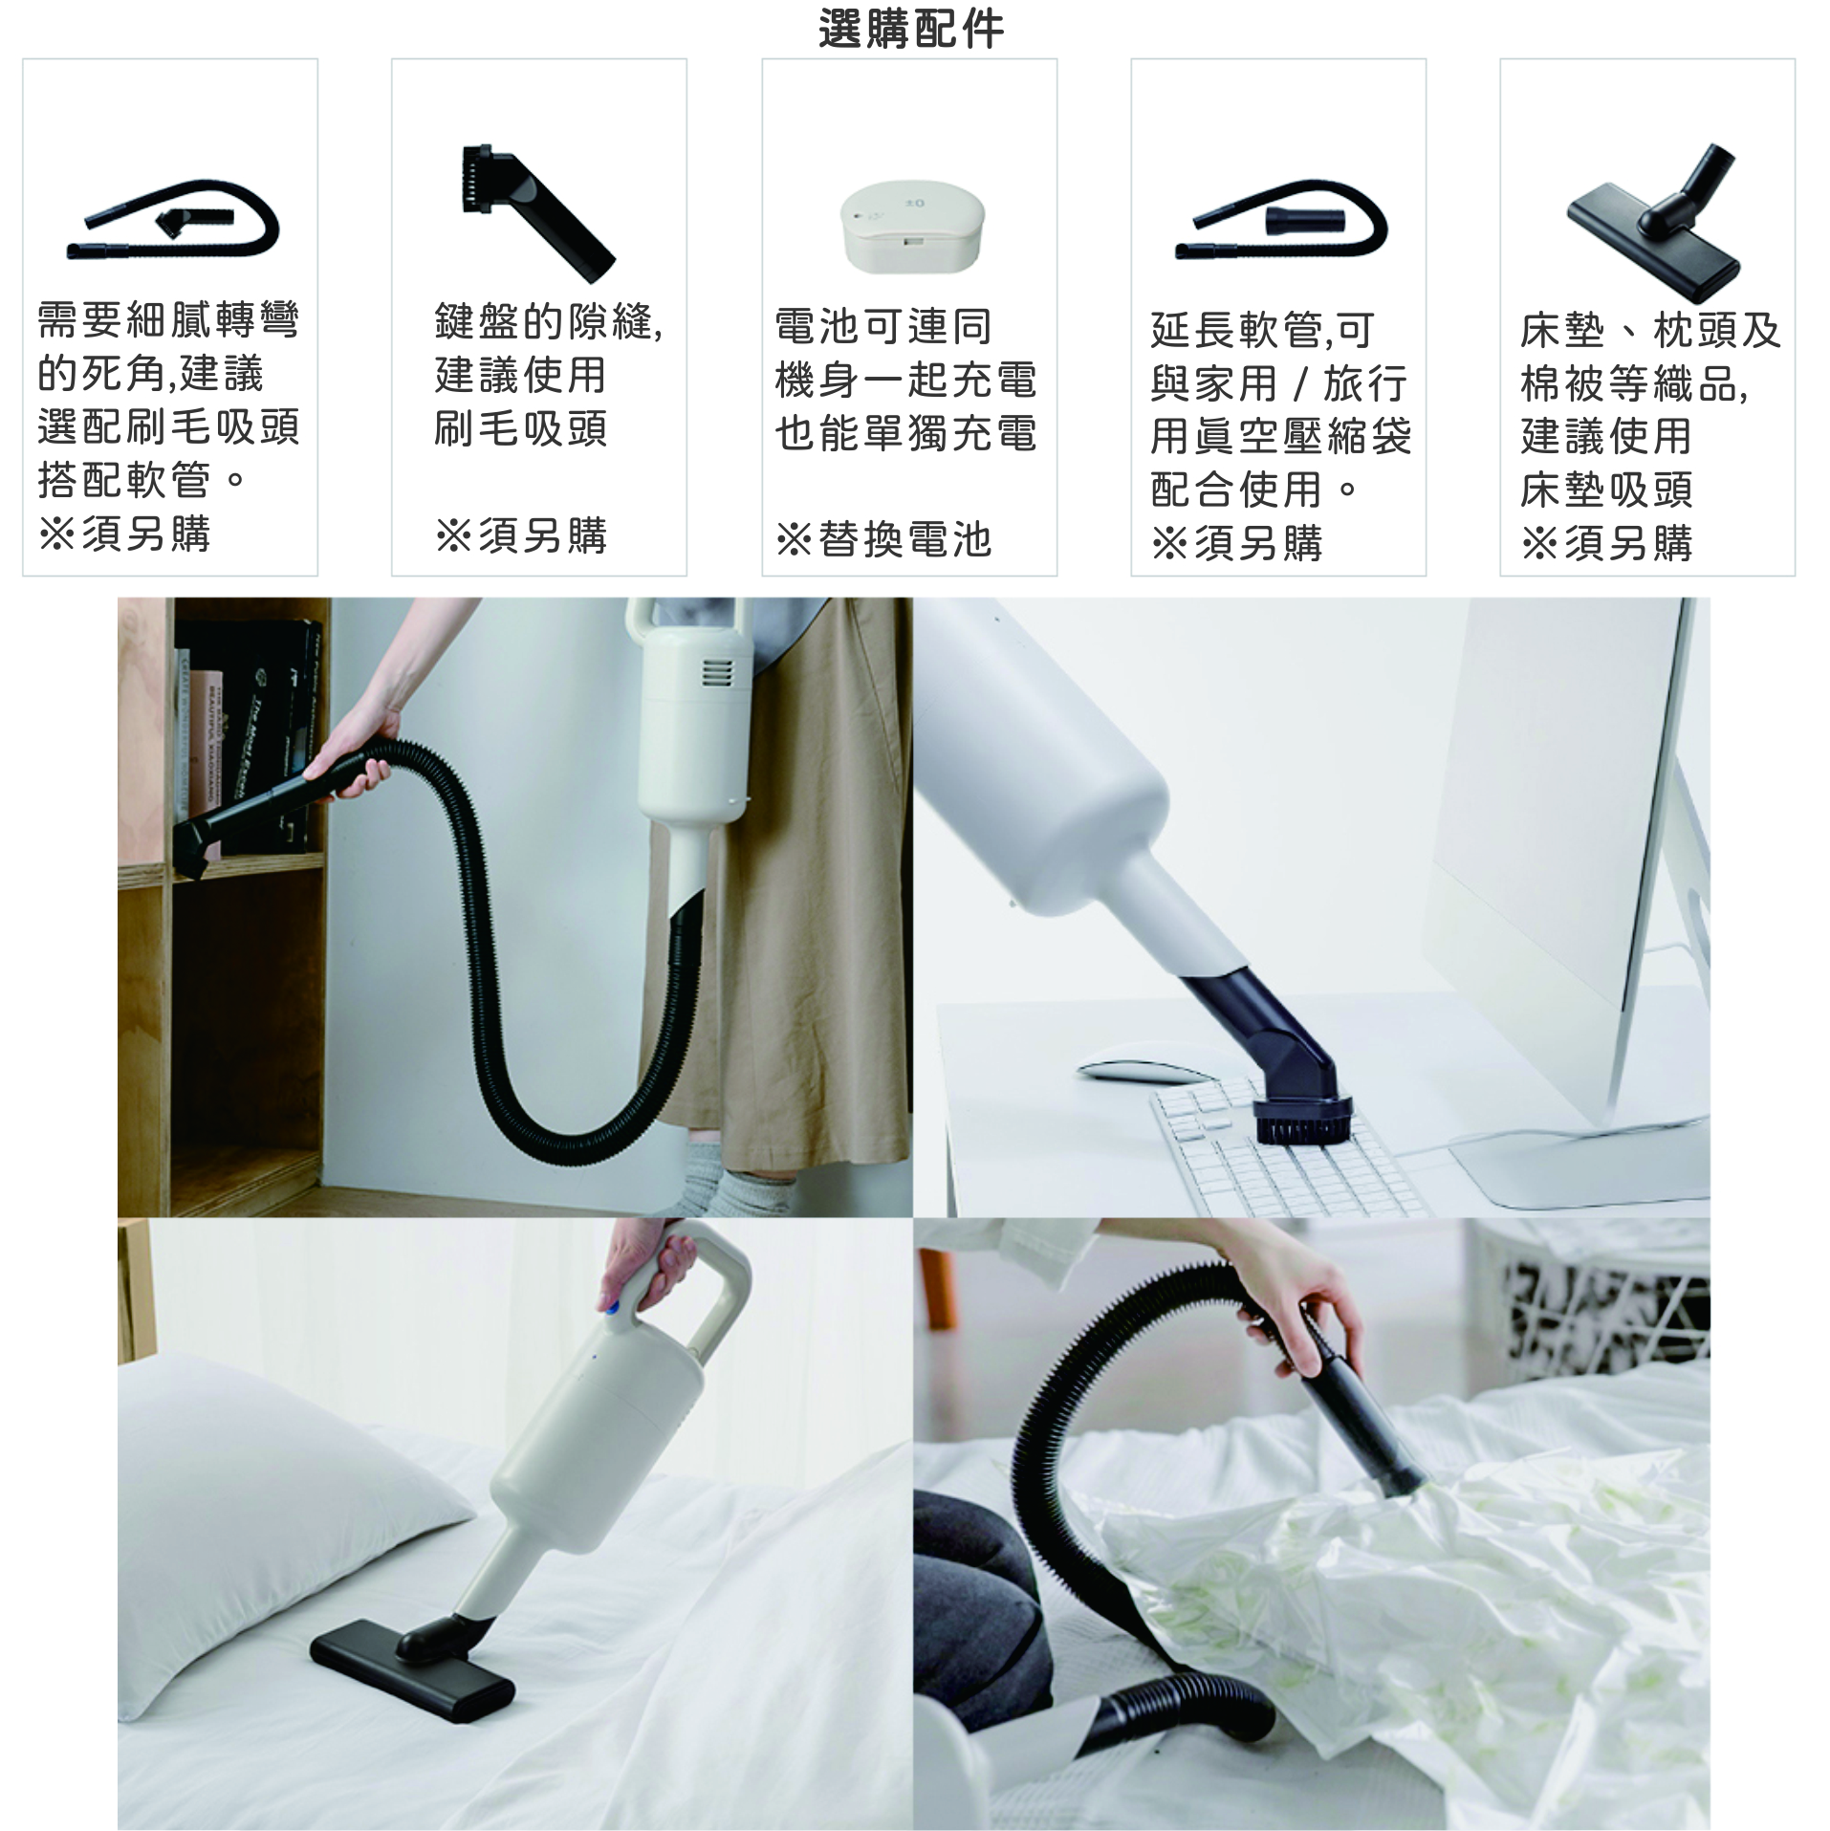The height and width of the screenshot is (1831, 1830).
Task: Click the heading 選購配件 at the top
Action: click(x=911, y=29)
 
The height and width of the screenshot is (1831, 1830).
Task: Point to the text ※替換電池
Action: click(x=883, y=539)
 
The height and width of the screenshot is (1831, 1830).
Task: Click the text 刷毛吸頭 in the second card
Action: click(x=520, y=427)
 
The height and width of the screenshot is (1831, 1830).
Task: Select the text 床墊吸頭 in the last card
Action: click(x=1606, y=490)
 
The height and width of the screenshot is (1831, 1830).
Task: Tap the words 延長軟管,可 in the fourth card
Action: click(x=1262, y=330)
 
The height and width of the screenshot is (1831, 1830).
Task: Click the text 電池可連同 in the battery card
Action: click(x=883, y=326)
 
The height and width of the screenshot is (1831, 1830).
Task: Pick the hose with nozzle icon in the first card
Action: click(x=172, y=220)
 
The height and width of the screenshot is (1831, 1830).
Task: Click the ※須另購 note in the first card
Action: click(x=124, y=534)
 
